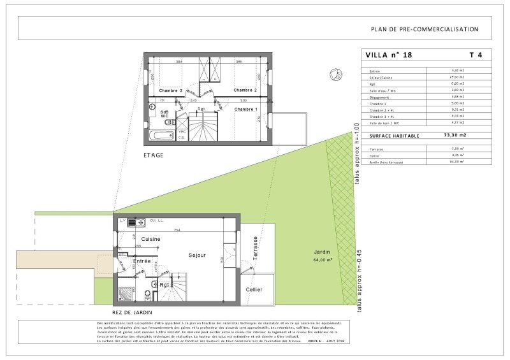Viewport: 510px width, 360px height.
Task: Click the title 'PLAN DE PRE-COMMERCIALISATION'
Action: click(x=424, y=29)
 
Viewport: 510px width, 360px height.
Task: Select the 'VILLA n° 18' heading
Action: click(x=389, y=55)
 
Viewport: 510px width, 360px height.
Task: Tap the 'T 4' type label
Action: click(x=476, y=55)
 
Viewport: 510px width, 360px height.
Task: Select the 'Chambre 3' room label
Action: click(x=171, y=90)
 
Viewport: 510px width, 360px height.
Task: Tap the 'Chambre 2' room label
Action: click(x=245, y=90)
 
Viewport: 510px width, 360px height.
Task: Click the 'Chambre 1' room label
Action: click(x=245, y=109)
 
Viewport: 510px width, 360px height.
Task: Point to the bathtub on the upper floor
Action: click(x=161, y=135)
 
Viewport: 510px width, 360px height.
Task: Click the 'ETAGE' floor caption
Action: click(x=154, y=155)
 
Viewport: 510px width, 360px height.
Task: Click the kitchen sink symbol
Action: click(x=136, y=222)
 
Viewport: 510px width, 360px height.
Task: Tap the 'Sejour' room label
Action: click(x=197, y=255)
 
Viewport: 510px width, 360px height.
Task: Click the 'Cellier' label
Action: click(x=254, y=290)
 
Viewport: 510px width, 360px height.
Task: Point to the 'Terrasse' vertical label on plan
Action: click(x=255, y=248)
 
